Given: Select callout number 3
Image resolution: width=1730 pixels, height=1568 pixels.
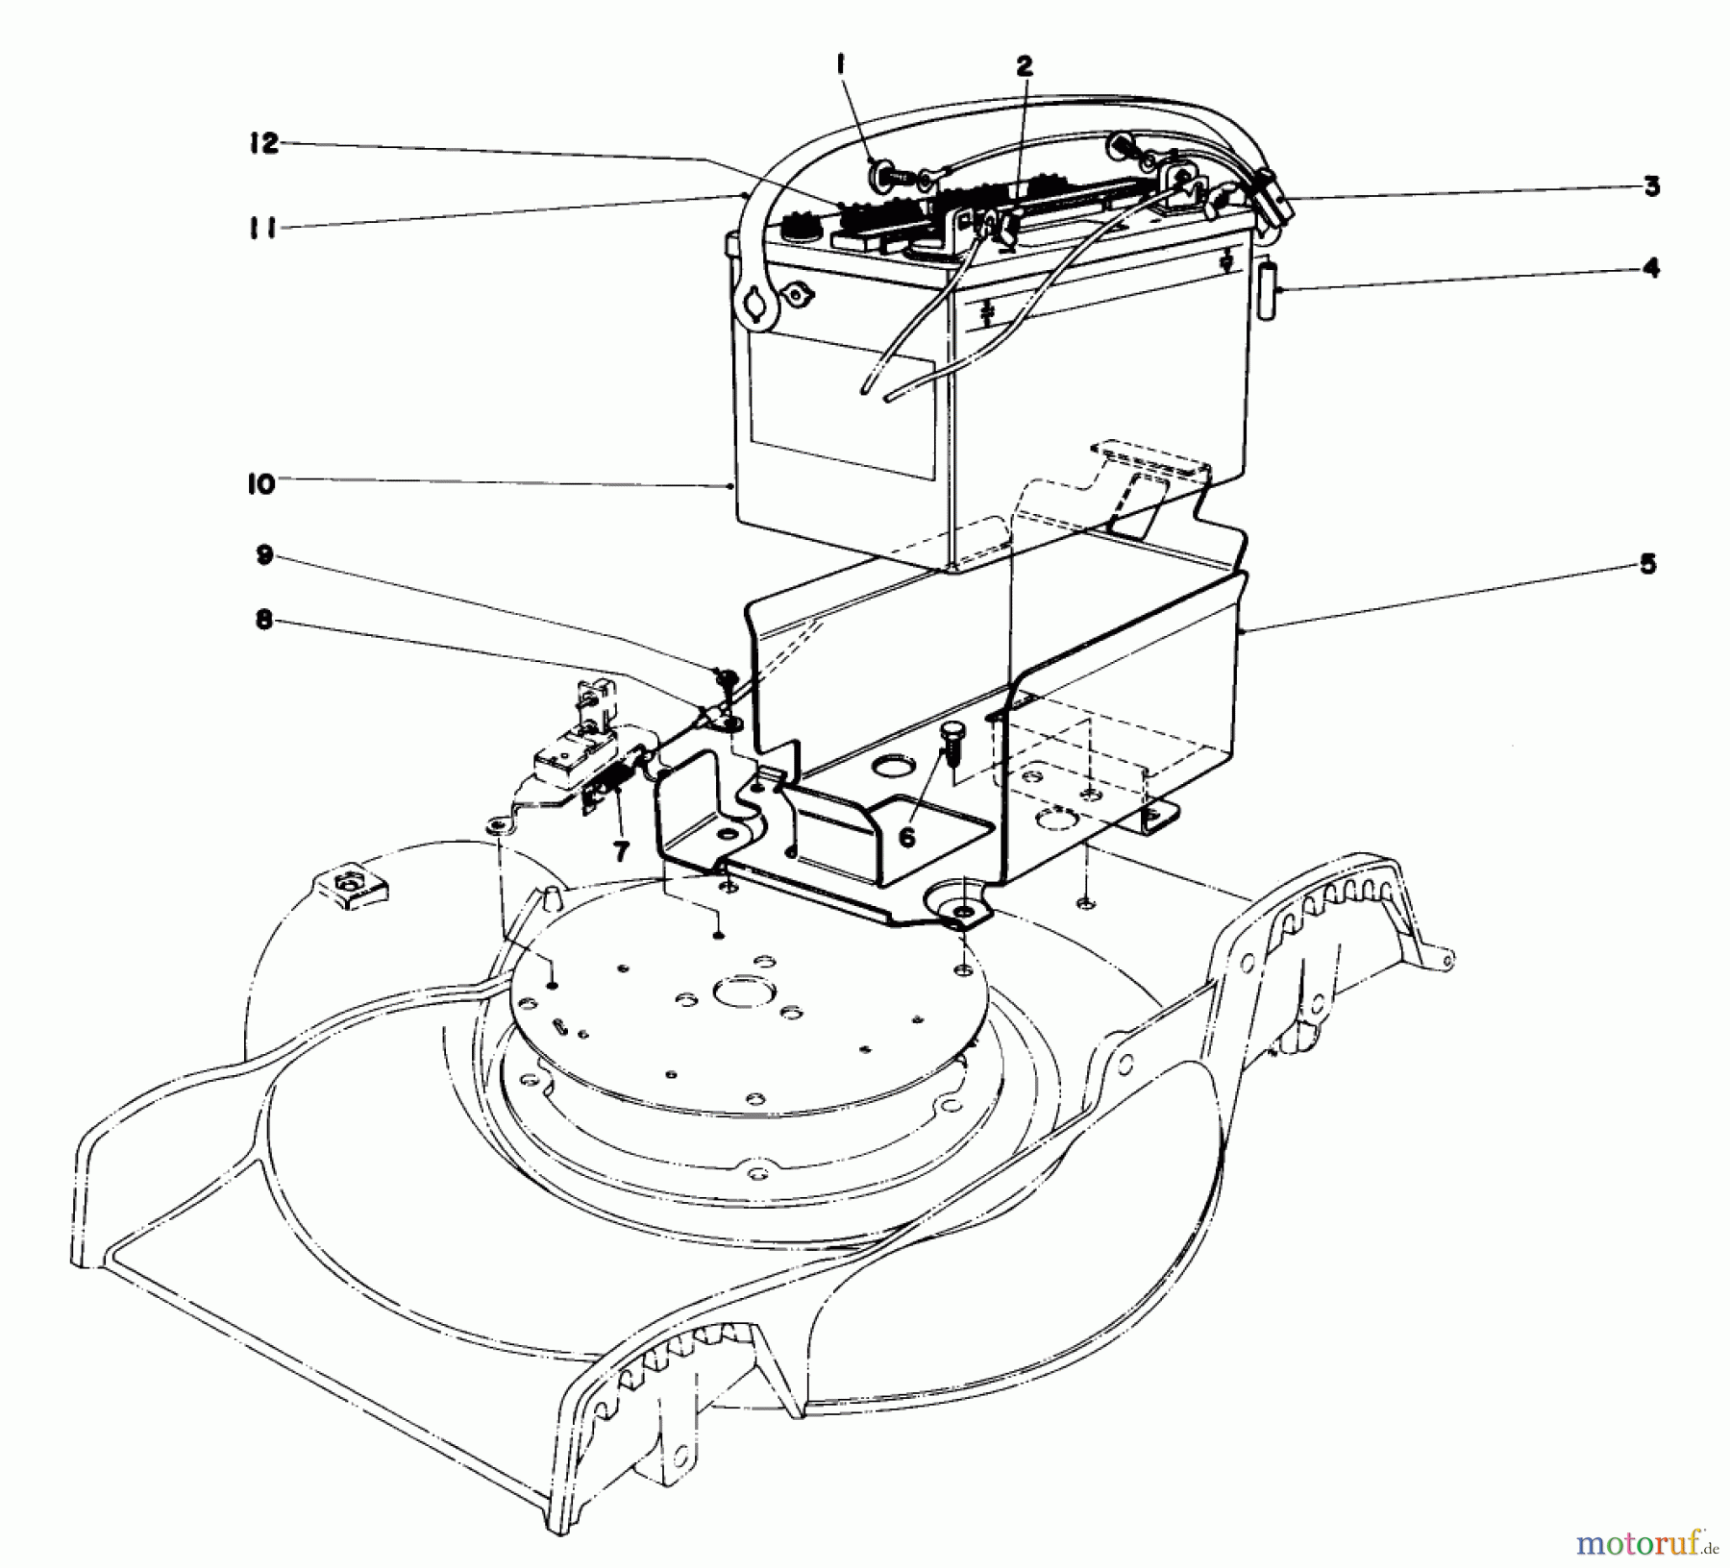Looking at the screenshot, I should pos(1651,186).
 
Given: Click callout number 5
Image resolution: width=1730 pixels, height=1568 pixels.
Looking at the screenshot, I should pos(1647,564).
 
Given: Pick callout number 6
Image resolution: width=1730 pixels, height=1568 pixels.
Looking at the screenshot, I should pos(906,837).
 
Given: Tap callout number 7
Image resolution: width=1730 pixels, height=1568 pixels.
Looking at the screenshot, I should pos(621,849).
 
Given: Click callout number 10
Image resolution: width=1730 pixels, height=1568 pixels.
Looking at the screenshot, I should pos(259,484).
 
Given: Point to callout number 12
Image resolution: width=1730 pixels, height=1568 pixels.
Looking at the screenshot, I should pos(262,144).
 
